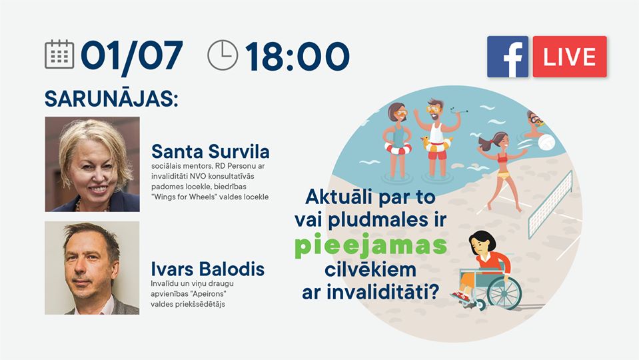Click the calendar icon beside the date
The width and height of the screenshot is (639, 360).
[x=59, y=54]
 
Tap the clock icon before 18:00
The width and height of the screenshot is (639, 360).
[x=223, y=55]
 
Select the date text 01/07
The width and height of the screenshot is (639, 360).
[x=132, y=56]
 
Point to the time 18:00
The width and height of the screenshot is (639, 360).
[x=297, y=56]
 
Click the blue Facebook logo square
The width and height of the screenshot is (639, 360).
[x=507, y=57]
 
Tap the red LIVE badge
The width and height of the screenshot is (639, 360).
[x=570, y=57]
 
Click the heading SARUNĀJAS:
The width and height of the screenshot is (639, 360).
[x=111, y=98]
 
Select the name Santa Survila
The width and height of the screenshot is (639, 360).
[x=211, y=151]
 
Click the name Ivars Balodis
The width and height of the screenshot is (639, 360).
[x=207, y=269]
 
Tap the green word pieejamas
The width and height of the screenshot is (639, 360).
[x=370, y=245]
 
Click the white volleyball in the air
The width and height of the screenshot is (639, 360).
[x=546, y=142]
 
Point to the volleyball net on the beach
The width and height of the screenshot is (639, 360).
[x=550, y=204]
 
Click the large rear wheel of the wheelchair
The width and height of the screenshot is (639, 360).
[x=504, y=292]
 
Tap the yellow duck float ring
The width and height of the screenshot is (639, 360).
[x=436, y=144]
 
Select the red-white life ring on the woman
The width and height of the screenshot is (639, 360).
[x=398, y=148]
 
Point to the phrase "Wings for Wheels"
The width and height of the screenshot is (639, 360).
[x=184, y=197]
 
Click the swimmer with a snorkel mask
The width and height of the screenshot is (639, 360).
[x=534, y=125]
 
